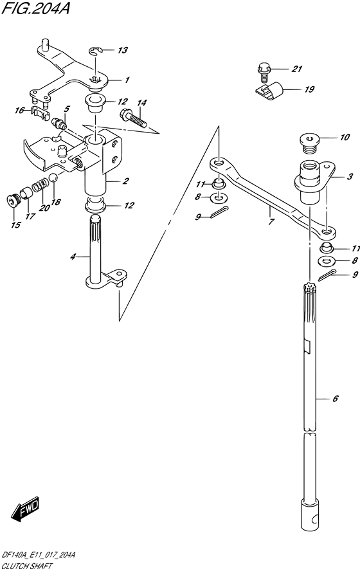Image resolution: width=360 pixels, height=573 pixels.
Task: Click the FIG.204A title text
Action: tap(35, 9)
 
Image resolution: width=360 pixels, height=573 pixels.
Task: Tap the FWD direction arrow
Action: tap(25, 508)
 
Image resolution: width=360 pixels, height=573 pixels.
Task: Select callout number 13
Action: tap(122, 50)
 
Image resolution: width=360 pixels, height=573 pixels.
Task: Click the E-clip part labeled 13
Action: tap(95, 51)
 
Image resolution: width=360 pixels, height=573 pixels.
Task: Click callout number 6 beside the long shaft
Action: tap(336, 398)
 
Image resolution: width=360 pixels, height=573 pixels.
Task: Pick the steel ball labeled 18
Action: tap(53, 178)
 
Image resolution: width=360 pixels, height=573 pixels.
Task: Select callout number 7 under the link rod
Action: tap(271, 221)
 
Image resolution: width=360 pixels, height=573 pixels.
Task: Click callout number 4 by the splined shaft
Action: tap(73, 257)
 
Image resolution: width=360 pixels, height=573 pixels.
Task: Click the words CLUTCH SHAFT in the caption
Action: tap(27, 566)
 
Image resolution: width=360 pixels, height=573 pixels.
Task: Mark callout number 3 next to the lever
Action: tap(350, 177)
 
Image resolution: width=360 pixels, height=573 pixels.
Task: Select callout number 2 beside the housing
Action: tap(125, 181)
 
